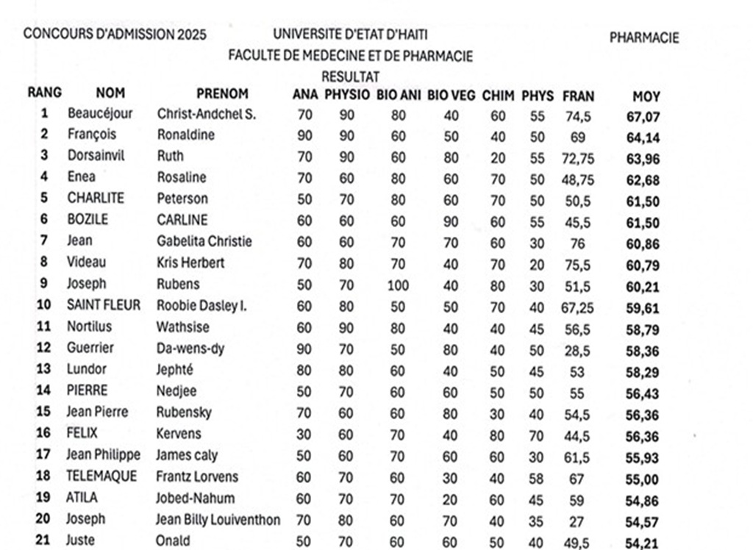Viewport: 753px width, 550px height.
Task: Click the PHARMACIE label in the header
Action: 644,38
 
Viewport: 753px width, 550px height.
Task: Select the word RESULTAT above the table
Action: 350,76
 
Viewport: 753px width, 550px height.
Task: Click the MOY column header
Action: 646,96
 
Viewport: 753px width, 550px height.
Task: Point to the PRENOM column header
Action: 222,94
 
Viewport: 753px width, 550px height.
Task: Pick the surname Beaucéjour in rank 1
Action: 100,114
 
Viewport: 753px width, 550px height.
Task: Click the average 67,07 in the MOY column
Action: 643,116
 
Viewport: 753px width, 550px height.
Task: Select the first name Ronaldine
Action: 185,135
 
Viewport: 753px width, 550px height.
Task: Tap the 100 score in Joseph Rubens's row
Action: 397,285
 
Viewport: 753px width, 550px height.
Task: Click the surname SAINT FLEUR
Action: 103,305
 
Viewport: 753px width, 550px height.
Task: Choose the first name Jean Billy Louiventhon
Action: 218,520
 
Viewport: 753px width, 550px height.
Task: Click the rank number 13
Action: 44,369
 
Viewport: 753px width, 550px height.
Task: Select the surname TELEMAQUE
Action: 101,476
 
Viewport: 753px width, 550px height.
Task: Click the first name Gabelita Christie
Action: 204,241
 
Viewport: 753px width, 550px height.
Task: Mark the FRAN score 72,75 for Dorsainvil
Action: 577,158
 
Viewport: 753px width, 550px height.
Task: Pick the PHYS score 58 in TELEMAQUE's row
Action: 537,478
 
